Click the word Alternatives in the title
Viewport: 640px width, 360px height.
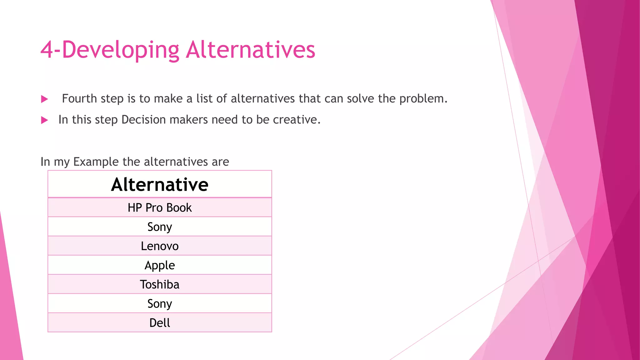pos(250,50)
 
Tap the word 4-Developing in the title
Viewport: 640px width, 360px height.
pos(110,50)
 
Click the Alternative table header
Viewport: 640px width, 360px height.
pos(160,184)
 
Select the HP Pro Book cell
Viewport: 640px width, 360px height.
pos(160,208)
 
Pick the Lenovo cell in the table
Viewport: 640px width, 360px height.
pos(160,246)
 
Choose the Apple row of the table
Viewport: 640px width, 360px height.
pos(160,265)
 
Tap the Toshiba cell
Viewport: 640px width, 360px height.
pos(160,285)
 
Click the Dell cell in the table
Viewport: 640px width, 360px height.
pos(160,323)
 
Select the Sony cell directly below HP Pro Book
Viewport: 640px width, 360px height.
pos(160,227)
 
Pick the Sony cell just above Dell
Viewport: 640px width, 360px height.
pos(160,304)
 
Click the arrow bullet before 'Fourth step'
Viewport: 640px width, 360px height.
pos(45,99)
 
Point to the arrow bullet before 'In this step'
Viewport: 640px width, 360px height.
pos(45,120)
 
